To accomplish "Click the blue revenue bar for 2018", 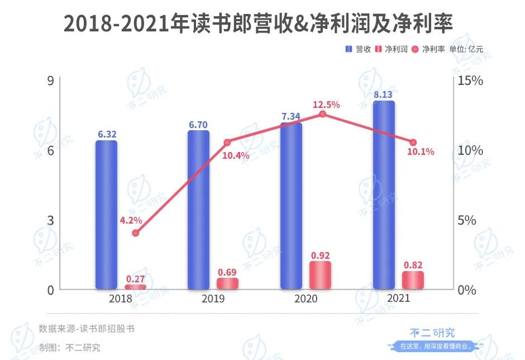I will pyautogui.click(x=106, y=215).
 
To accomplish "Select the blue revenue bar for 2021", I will pyautogui.click(x=384, y=196).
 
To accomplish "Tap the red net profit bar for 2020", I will pyautogui.click(x=320, y=275).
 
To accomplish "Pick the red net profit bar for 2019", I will pyautogui.click(x=227, y=283).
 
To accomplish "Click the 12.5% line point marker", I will pyautogui.click(x=322, y=114).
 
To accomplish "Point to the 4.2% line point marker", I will pyautogui.click(x=135, y=233).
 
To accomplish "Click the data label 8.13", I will pyautogui.click(x=383, y=94).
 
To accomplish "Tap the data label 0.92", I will pyautogui.click(x=320, y=255).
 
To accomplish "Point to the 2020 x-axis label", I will pyautogui.click(x=306, y=299).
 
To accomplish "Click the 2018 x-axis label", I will pyautogui.click(x=121, y=299).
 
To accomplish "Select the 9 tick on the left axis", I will pyautogui.click(x=50, y=80).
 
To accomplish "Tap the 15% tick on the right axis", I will pyautogui.click(x=470, y=80).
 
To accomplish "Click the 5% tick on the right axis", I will pyautogui.click(x=466, y=220).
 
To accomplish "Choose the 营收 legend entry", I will pyautogui.click(x=359, y=49).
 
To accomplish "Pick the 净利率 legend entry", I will pyautogui.click(x=428, y=49).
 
